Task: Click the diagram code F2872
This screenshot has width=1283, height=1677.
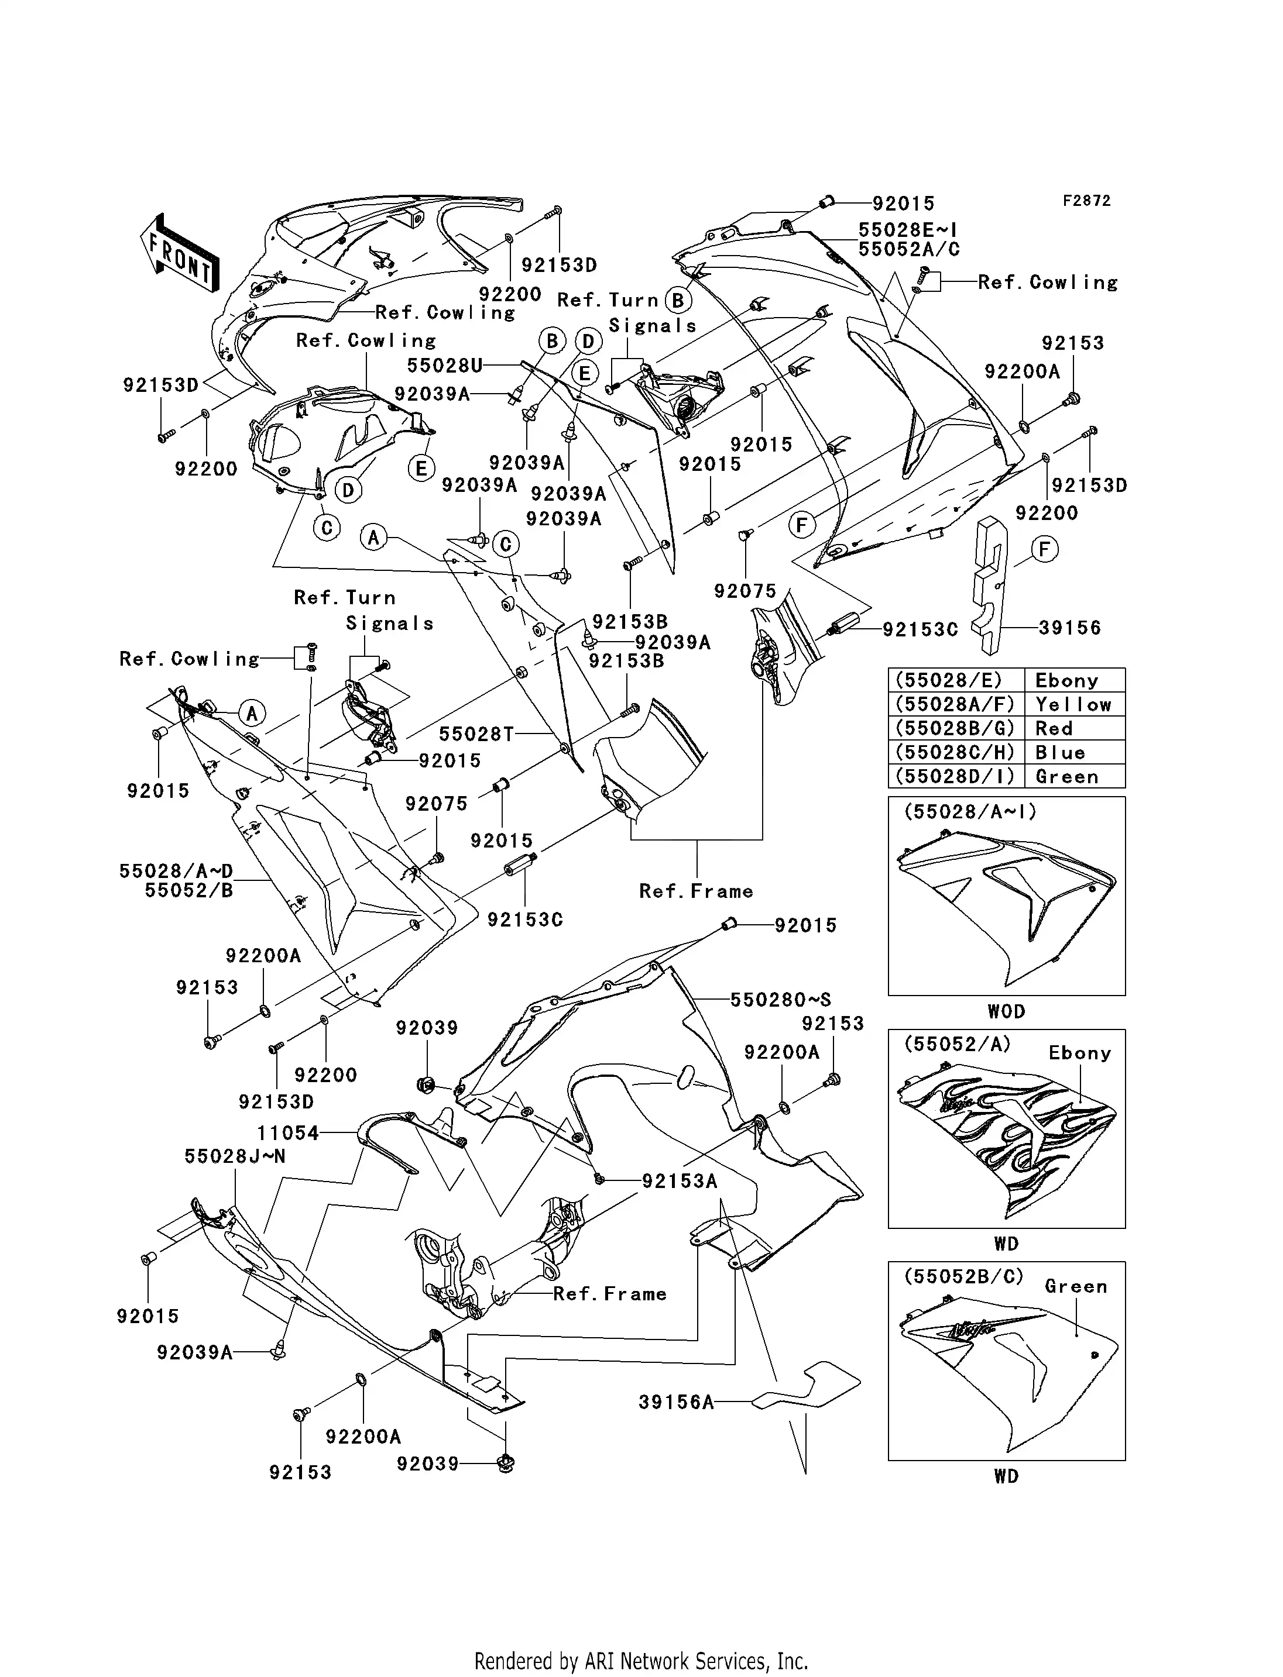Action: pyautogui.click(x=1087, y=201)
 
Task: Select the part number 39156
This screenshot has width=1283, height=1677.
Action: pyautogui.click(x=1069, y=628)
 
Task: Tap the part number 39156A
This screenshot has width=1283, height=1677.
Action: pyautogui.click(x=677, y=1401)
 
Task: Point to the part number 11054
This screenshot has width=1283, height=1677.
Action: pyautogui.click(x=289, y=1133)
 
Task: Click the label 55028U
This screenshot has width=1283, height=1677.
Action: pyautogui.click(x=444, y=365)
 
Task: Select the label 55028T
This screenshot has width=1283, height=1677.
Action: pyautogui.click(x=476, y=734)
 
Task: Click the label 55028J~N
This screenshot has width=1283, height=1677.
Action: pyautogui.click(x=235, y=1156)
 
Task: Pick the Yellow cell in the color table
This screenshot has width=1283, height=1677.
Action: pyautogui.click(x=1073, y=704)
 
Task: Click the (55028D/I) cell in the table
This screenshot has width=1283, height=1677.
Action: pyautogui.click(x=955, y=776)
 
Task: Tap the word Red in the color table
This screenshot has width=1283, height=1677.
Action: pyautogui.click(x=1054, y=728)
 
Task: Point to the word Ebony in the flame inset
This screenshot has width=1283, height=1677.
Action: pyautogui.click(x=1079, y=1053)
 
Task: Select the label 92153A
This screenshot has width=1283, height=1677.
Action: pyautogui.click(x=680, y=1182)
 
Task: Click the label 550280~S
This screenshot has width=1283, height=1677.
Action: pyautogui.click(x=780, y=1000)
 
